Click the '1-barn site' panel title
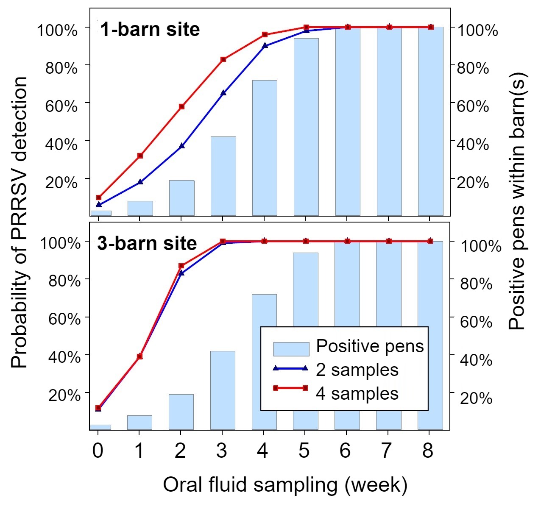tap(150, 29)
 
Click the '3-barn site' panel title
tap(147, 243)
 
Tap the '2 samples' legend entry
tap(335, 370)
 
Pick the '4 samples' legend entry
tap(335, 393)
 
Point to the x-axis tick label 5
tap(304, 451)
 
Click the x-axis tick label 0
tap(98, 451)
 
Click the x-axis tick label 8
tap(428, 451)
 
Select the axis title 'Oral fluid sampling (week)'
tap(285, 485)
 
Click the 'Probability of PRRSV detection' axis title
tap(19, 222)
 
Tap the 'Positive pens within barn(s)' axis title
tap(517, 201)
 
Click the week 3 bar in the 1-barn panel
tap(223, 176)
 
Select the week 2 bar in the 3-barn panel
tap(181, 412)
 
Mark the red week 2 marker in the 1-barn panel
tap(181, 106)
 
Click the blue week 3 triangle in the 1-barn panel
tap(223, 93)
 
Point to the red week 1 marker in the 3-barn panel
tap(140, 356)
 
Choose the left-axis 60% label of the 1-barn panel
tap(61, 106)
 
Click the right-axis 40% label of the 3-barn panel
tap(476, 360)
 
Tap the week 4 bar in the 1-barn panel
tap(265, 148)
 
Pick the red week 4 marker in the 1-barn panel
tap(265, 35)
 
